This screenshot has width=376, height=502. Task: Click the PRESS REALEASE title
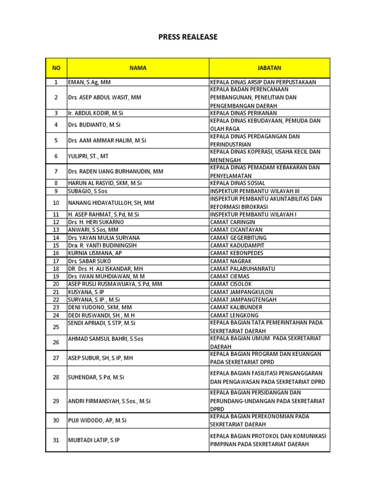coord(188,37)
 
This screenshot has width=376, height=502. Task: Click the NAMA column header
coord(138,68)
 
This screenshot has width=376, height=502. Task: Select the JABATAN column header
coord(269,68)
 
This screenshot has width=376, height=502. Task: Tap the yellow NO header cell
coord(56,68)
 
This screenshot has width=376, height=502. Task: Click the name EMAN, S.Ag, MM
coord(90,82)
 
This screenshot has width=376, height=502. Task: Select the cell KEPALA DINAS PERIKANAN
coord(243,113)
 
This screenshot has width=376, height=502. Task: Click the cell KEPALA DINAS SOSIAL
coord(239,183)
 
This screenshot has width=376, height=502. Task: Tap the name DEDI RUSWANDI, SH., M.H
coord(101,315)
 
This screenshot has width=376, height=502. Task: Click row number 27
coord(56,358)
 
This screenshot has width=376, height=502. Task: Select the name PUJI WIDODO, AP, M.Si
coord(97,420)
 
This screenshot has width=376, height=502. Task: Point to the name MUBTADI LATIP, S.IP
coord(94,440)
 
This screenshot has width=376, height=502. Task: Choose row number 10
coord(56,202)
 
